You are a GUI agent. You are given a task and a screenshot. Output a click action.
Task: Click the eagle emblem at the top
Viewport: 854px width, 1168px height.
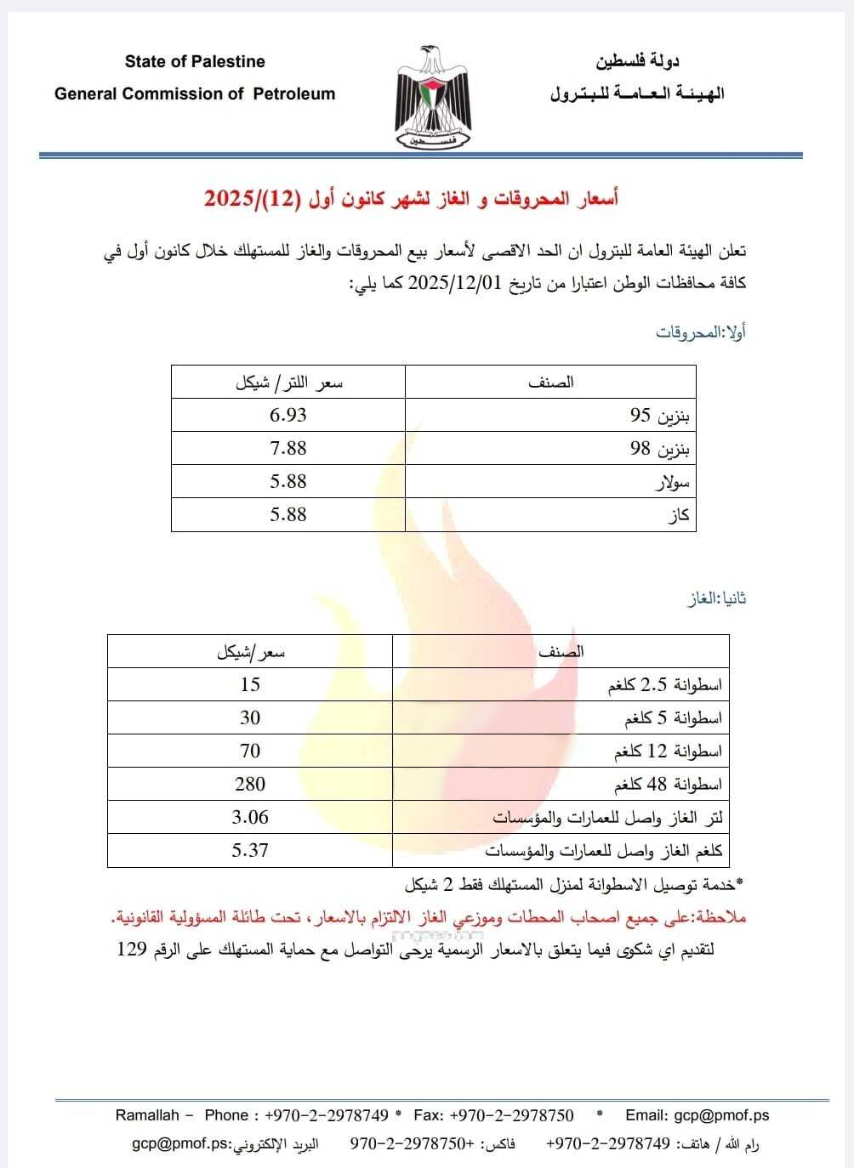pyautogui.click(x=433, y=99)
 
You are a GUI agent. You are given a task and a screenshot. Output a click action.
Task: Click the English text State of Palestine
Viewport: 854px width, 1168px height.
pyautogui.click(x=195, y=61)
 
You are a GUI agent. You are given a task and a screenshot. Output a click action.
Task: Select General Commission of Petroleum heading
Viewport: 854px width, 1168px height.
pyautogui.click(x=195, y=94)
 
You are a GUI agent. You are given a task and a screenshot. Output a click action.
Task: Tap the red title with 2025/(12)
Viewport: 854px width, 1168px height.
pyautogui.click(x=411, y=199)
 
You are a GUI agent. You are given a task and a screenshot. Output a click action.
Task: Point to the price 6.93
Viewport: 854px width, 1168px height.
pyautogui.click(x=288, y=415)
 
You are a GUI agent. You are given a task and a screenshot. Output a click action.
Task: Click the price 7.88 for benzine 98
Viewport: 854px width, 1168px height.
pyautogui.click(x=288, y=448)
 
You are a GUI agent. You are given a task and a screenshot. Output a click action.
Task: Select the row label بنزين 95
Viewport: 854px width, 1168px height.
pyautogui.click(x=660, y=416)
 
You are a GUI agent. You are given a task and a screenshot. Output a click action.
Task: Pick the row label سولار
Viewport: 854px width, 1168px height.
pyautogui.click(x=672, y=483)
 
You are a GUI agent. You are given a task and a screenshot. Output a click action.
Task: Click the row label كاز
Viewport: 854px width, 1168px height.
pyautogui.click(x=679, y=515)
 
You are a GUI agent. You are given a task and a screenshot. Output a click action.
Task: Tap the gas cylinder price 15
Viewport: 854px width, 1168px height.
pyautogui.click(x=250, y=684)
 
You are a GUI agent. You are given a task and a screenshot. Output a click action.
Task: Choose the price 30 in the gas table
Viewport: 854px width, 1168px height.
pyautogui.click(x=250, y=717)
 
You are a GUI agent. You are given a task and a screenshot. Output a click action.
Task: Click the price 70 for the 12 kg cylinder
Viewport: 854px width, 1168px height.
pyautogui.click(x=250, y=751)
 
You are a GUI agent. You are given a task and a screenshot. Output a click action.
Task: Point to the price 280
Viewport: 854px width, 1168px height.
pyautogui.click(x=250, y=784)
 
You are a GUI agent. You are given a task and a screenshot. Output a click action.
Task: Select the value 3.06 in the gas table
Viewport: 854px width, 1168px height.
pyautogui.click(x=250, y=817)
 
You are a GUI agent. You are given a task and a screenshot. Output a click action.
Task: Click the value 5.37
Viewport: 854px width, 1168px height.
pyautogui.click(x=250, y=850)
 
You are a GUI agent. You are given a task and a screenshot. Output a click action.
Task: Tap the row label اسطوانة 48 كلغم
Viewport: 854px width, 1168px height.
pyautogui.click(x=668, y=785)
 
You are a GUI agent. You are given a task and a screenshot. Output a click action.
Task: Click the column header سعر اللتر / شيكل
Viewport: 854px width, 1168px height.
pyautogui.click(x=289, y=383)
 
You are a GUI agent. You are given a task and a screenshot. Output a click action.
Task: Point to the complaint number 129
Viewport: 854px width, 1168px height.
pyautogui.click(x=132, y=949)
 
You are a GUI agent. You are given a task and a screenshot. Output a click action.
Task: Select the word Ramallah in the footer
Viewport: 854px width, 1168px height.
pyautogui.click(x=147, y=1115)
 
